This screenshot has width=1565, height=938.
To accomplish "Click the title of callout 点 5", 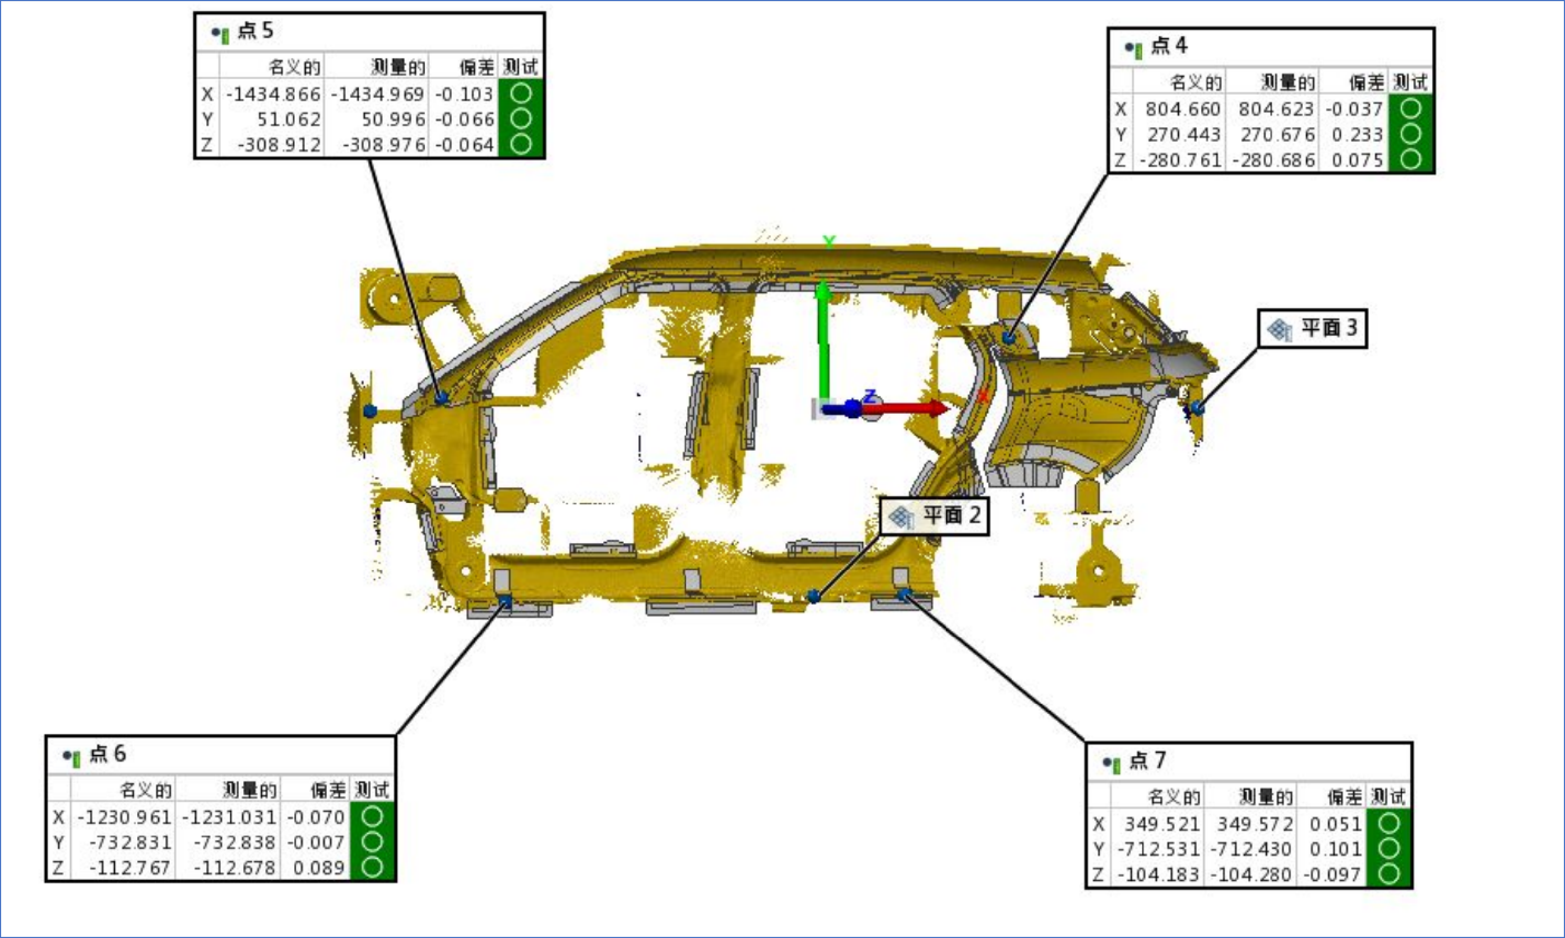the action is (255, 31).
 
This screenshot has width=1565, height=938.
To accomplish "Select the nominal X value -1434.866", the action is (273, 94).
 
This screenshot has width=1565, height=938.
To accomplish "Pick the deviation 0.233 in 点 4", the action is (1357, 134).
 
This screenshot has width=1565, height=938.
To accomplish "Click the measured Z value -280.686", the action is (1274, 160).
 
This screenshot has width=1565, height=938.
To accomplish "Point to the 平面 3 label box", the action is (1312, 329).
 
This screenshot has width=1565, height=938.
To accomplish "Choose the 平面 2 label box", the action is (935, 516).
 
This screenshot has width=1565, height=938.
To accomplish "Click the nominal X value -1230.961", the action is (124, 817).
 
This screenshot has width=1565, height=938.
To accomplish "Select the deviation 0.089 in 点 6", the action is (319, 868).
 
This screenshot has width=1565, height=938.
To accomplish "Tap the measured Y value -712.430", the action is (1251, 849).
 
